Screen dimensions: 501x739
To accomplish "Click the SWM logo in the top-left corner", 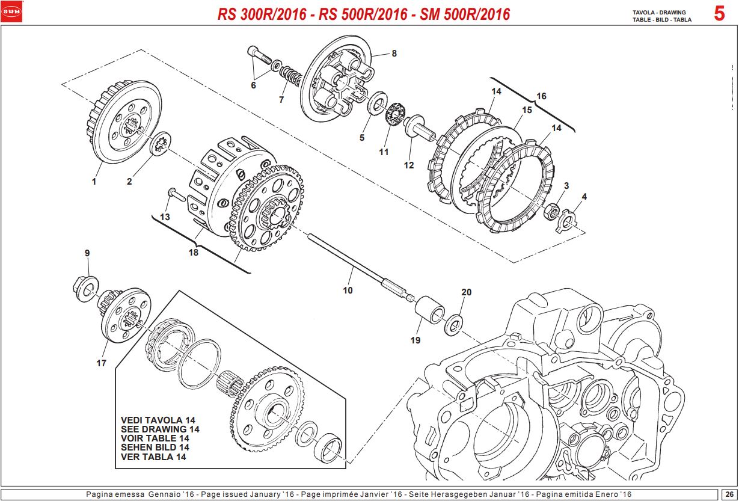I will click(x=11, y=11).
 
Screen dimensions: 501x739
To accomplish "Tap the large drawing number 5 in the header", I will click(x=719, y=13).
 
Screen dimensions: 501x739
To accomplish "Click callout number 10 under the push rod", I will click(x=348, y=290).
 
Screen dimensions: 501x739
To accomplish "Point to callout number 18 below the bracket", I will click(x=193, y=253).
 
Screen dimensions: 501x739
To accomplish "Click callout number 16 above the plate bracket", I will click(x=541, y=96).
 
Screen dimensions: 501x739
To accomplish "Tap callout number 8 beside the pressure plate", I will click(x=394, y=54).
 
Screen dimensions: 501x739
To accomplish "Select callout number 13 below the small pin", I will click(x=165, y=216).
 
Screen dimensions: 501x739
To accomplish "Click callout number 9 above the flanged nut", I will click(x=87, y=253).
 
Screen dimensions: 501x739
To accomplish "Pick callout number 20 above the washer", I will click(x=467, y=292).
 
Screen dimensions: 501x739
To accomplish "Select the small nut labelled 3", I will click(x=551, y=211).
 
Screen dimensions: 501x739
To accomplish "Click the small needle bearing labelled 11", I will click(x=394, y=114).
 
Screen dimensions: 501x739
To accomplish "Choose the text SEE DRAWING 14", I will click(x=160, y=429).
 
